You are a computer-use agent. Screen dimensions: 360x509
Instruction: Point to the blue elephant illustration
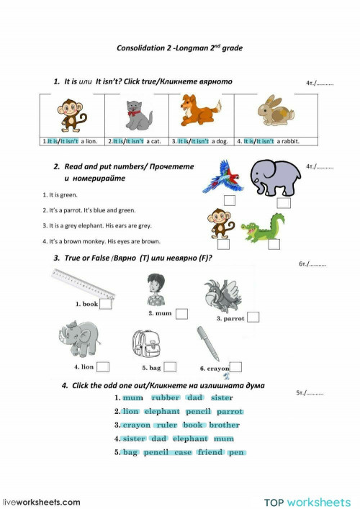pos(273,178)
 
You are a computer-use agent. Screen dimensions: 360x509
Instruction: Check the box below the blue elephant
pos(284,202)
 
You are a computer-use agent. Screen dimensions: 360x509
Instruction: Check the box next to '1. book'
pos(106,304)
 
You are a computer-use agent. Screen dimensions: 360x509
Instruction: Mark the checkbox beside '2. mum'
pos(181,313)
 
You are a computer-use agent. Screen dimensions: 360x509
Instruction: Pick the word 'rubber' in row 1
pos(165,397)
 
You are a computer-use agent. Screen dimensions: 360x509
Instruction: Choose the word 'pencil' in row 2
pos(198,411)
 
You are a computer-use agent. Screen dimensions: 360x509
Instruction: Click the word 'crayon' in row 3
pos(136,425)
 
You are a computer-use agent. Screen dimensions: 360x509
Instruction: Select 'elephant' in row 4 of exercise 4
pos(190,438)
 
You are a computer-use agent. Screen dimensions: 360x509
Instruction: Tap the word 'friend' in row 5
pos(210,452)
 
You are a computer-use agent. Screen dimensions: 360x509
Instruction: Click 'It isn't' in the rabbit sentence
pos(268,141)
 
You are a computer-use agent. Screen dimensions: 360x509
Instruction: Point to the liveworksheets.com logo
pos(42,501)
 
